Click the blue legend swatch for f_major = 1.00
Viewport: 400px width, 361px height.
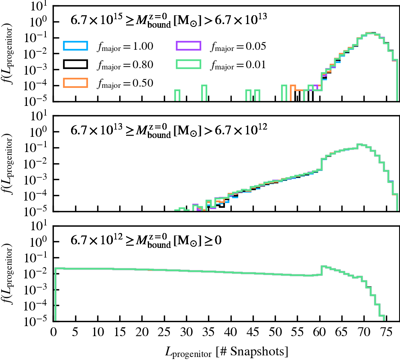click(75, 46)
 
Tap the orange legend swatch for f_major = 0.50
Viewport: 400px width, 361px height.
click(75, 83)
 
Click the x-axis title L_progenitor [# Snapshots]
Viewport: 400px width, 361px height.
click(227, 352)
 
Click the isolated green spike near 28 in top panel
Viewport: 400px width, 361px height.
click(177, 95)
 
